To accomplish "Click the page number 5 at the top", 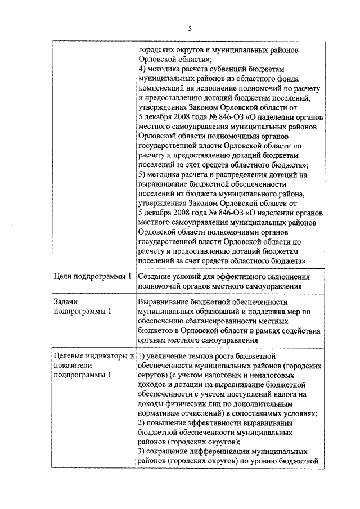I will [x=190, y=29].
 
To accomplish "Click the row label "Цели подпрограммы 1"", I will [x=92, y=277].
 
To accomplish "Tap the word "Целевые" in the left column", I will [x=70, y=356].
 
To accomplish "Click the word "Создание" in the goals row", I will [x=156, y=277].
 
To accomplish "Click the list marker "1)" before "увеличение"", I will [x=142, y=356].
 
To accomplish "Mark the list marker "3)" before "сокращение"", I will [x=142, y=452].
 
